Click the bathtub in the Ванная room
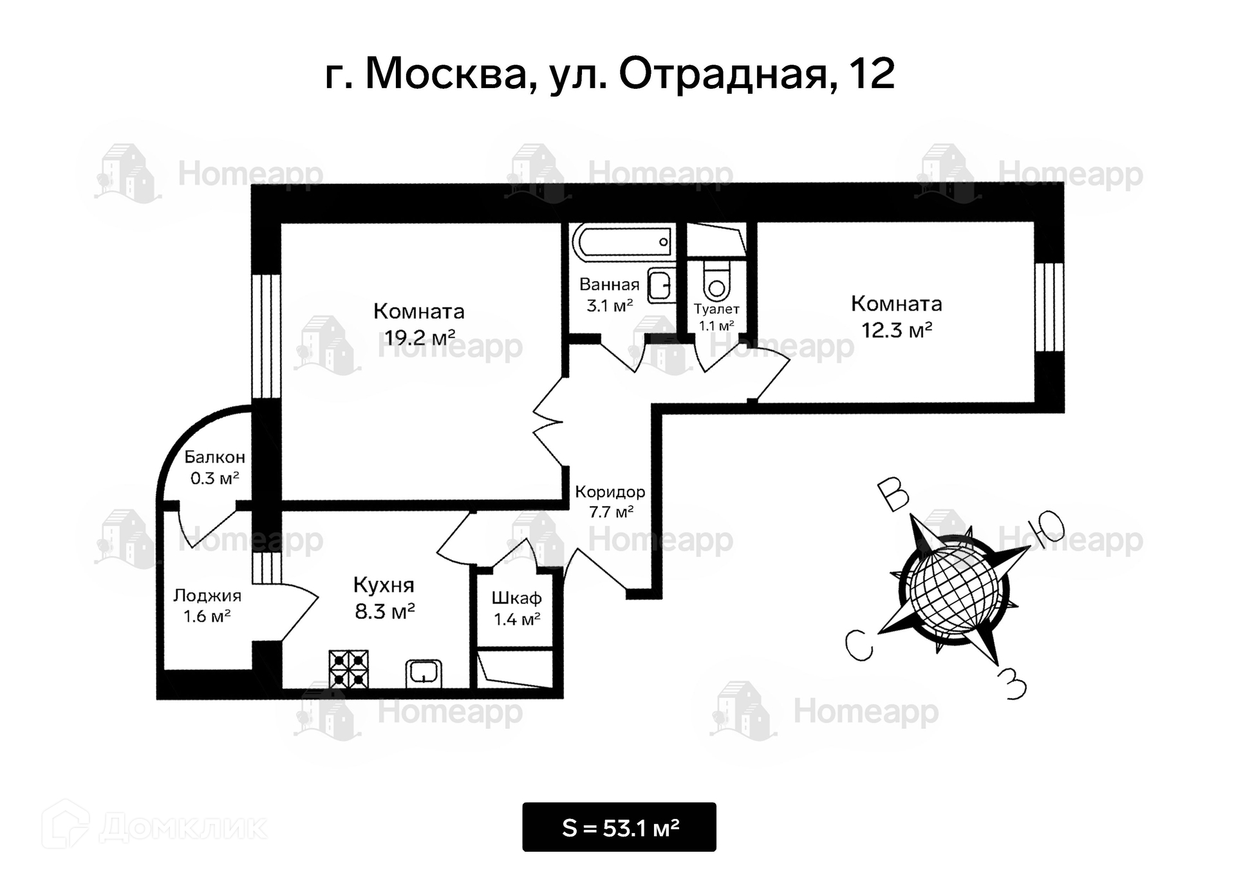point(623,242)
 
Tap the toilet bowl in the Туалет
point(716,280)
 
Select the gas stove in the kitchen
point(349,669)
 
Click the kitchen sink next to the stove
point(424,674)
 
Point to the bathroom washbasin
point(660,286)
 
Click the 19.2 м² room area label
point(420,337)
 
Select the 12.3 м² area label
point(897,331)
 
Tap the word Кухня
point(384,585)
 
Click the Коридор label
point(610,492)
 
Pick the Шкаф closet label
point(516,598)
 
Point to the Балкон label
point(214,457)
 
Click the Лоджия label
point(207,596)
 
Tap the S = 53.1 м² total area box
point(619,827)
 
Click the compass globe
point(954,589)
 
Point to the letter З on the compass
point(1012,683)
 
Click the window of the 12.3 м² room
point(1049,308)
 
